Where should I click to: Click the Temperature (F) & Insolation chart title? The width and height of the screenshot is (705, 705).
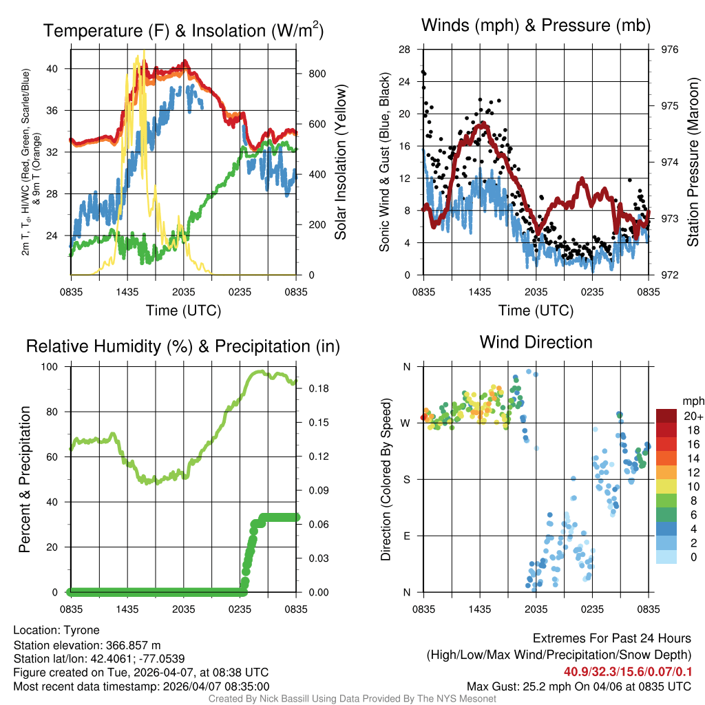[183, 30]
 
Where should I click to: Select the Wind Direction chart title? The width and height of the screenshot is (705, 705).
[536, 342]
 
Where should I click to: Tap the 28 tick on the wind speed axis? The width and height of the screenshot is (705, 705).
[405, 50]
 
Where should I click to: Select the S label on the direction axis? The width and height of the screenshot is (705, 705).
[406, 479]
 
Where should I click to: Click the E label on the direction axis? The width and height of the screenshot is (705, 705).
[406, 536]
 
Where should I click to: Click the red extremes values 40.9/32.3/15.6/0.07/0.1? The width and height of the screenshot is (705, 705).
[627, 671]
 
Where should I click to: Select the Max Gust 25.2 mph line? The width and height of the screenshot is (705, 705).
[578, 686]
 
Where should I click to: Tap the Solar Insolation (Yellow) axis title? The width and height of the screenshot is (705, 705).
[340, 162]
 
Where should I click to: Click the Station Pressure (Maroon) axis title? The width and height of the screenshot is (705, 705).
[693, 162]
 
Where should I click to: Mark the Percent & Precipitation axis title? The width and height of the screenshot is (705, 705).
[25, 479]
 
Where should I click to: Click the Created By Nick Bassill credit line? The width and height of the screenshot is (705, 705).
[352, 699]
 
